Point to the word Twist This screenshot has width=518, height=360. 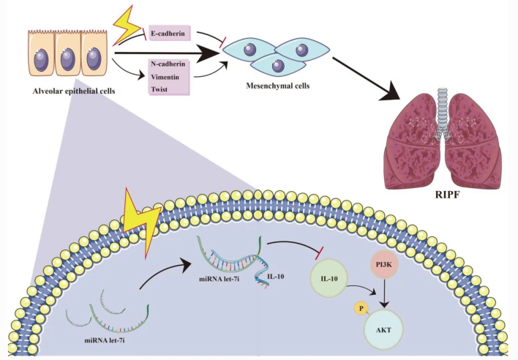[x=159, y=87]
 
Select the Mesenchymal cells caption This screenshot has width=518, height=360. [x=277, y=86]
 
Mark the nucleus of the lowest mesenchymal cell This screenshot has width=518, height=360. [x=278, y=66]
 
